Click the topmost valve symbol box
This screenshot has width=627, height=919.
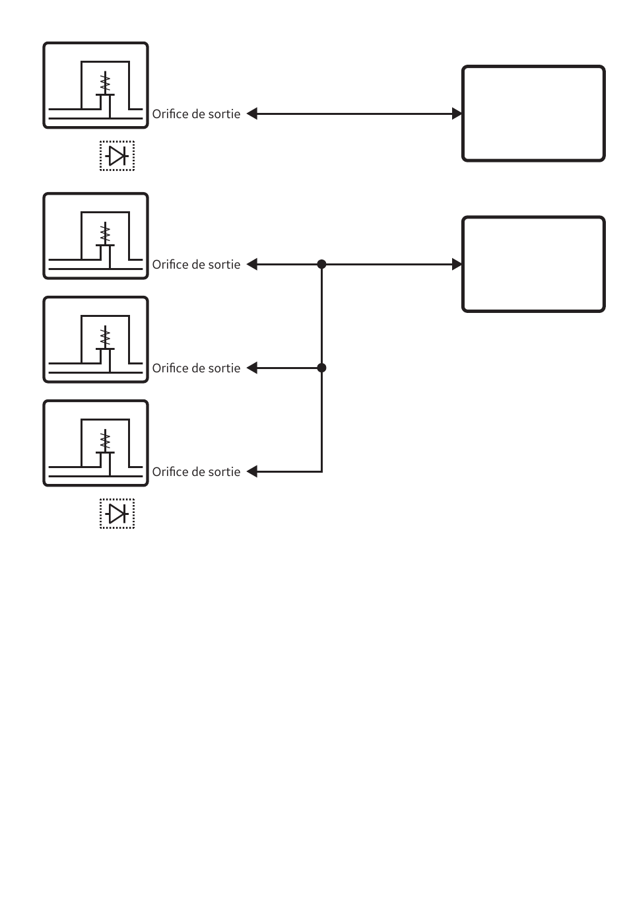pos(96,85)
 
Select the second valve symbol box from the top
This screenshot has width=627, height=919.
pos(96,236)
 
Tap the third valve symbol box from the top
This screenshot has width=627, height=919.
pos(96,339)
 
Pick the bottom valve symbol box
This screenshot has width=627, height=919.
pos(96,443)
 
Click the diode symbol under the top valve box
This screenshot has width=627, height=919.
pos(117,156)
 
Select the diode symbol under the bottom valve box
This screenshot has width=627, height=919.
pos(117,514)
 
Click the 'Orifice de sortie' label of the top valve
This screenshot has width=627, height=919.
pos(196,114)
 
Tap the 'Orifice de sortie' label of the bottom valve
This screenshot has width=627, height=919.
pos(196,472)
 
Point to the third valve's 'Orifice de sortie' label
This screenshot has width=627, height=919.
pos(196,368)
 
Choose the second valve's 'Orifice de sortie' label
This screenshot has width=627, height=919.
pos(196,265)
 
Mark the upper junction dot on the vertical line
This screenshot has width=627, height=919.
pos(321,264)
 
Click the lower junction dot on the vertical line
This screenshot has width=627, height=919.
pos(321,368)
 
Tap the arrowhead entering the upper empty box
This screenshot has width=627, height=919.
pos(457,114)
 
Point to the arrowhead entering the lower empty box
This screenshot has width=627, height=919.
pos(457,264)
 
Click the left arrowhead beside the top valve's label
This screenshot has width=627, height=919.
pos(251,114)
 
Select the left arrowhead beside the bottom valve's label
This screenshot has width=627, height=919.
pos(251,472)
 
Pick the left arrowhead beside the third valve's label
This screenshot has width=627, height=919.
pos(251,368)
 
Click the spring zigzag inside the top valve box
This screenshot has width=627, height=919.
pos(105,83)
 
